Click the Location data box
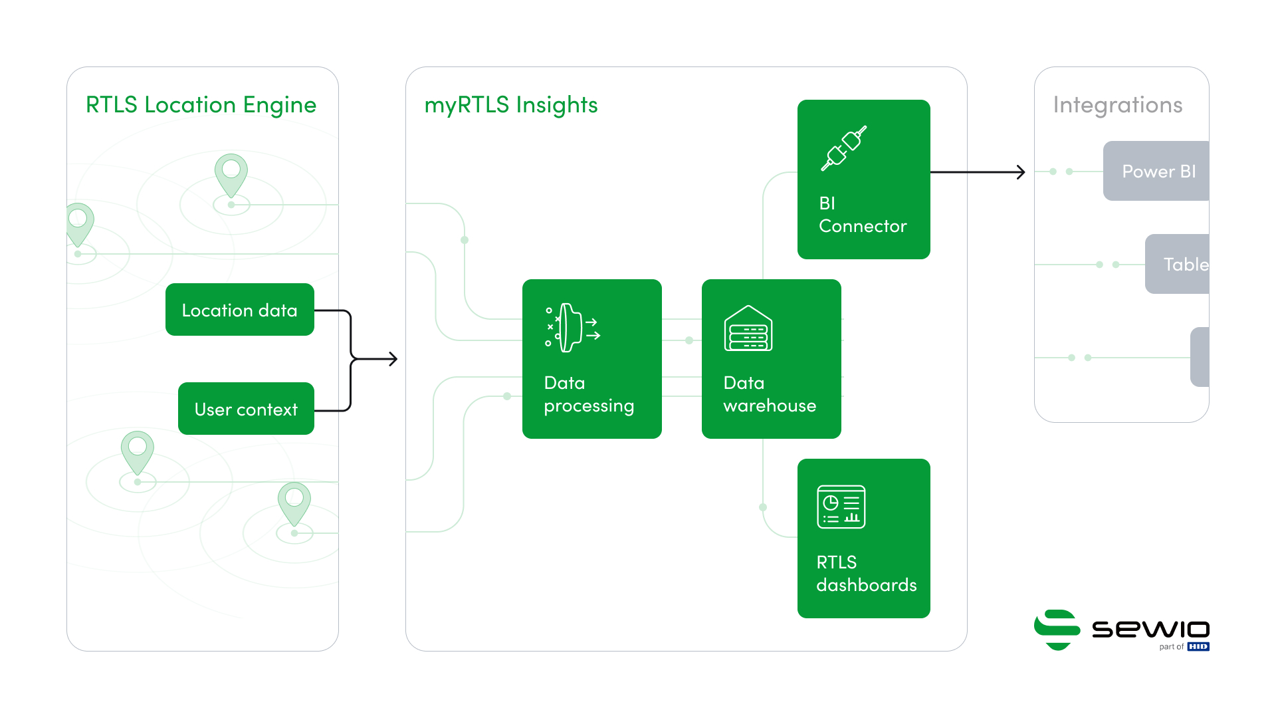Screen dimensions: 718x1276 pos(239,310)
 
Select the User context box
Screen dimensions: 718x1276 pos(246,409)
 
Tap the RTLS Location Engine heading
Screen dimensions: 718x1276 pos(201,105)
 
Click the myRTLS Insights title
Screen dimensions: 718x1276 pos(510,105)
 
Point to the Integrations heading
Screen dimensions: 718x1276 pos(1117,105)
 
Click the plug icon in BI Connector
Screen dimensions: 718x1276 pos(843,148)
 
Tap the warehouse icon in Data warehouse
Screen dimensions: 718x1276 pos(748,328)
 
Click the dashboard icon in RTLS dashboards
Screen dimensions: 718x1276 pos(841,507)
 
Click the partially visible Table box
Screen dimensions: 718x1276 pos(1178,264)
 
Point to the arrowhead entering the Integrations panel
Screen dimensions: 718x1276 pos(1021,172)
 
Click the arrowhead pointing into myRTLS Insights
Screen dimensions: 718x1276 pos(393,359)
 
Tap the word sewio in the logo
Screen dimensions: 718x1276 pos(1150,629)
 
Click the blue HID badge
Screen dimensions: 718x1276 pos(1198,647)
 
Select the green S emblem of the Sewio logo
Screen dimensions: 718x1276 pos(1056,629)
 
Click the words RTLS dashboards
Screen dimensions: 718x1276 pos(866,574)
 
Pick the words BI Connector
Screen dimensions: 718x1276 pos(862,215)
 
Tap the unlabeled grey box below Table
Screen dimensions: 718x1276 pos(1199,357)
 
